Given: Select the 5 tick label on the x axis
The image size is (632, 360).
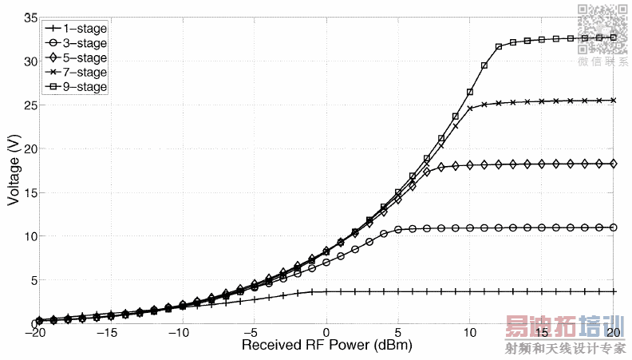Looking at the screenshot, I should click(x=398, y=332).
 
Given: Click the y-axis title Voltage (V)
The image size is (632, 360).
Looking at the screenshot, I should click(x=14, y=170).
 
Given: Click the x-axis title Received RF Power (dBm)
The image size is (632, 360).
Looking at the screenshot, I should click(x=324, y=346).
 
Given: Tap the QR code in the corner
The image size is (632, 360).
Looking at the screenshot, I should click(x=602, y=28).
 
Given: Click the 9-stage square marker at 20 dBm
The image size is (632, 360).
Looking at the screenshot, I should click(x=614, y=38).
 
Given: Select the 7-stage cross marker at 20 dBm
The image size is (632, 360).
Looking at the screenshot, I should click(x=614, y=101).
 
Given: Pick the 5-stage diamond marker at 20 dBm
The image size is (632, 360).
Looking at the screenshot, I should click(x=614, y=164).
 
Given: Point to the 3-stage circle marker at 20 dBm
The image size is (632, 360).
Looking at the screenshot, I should click(x=614, y=227).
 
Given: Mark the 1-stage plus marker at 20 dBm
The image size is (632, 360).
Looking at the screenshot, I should click(x=614, y=291).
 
